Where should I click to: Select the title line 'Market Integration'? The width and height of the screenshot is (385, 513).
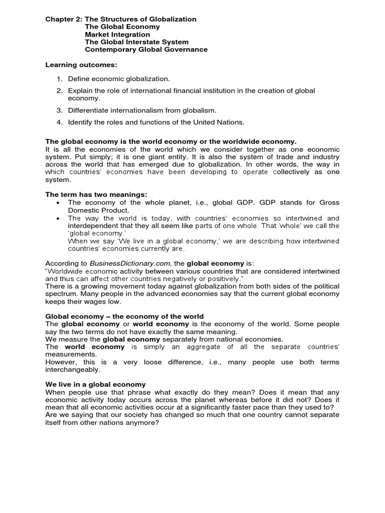click(117, 35)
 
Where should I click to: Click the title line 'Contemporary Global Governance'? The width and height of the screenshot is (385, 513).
click(146, 50)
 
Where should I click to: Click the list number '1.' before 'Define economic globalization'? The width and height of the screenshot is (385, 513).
click(59, 79)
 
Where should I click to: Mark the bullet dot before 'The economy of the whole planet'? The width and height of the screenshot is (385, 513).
click(59, 202)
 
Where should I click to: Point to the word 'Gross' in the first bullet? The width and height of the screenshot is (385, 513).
click(329, 202)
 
